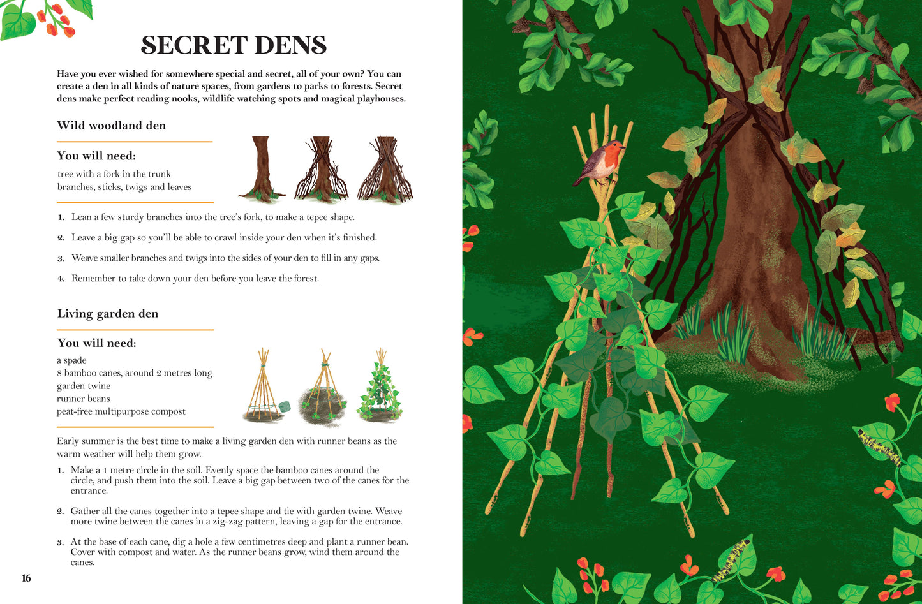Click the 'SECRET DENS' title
234,45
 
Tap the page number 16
26,578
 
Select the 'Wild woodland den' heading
111,125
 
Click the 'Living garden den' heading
107,314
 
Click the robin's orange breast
613,158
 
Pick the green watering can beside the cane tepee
284,406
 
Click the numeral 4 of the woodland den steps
61,279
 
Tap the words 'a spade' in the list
71,360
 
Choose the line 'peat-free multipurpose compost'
121,411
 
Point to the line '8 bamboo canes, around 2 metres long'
135,373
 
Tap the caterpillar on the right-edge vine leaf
879,448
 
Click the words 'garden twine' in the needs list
84,386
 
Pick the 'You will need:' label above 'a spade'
97,343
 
